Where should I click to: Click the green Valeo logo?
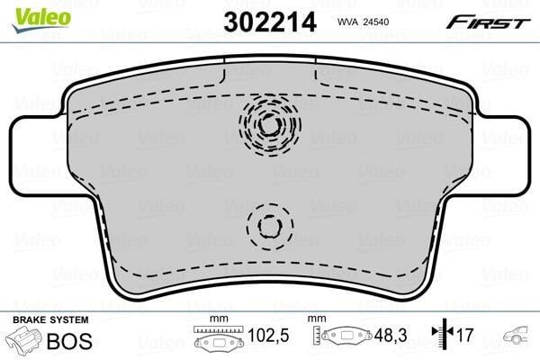(41, 19)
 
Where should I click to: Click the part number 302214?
(270, 22)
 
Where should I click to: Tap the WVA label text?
(347, 22)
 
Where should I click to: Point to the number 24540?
(375, 22)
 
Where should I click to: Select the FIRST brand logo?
(488, 22)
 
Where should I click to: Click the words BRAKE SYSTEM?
(50, 320)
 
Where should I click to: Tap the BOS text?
(69, 341)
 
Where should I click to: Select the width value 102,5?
(268, 335)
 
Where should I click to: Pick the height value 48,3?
(391, 335)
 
